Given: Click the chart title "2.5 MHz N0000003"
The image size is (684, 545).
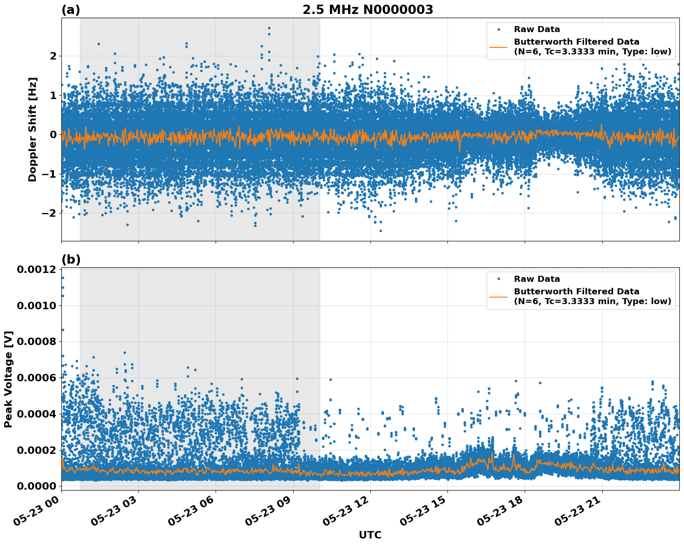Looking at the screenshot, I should click(x=368, y=10).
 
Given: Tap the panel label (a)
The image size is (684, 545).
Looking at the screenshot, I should click(x=71, y=10).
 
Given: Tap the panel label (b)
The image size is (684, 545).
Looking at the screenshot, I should click(x=71, y=259).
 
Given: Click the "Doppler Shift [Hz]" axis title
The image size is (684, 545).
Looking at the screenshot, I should click(x=33, y=129).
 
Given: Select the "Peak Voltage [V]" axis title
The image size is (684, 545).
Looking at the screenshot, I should click(x=8, y=379).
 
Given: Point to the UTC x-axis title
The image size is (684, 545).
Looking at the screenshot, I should click(x=370, y=535).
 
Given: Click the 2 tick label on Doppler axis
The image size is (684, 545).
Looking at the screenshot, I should click(x=53, y=56).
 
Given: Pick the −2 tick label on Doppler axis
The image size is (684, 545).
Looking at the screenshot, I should click(x=49, y=213).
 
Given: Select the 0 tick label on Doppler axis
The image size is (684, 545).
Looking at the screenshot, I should click(x=53, y=135).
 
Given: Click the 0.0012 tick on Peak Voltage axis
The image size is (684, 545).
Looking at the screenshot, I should click(x=36, y=270).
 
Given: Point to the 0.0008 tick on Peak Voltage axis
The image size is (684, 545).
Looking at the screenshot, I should click(x=36, y=342).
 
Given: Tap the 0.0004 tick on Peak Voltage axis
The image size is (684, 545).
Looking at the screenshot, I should click(x=36, y=414).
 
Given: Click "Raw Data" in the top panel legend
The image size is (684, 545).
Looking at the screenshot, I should click(x=537, y=29).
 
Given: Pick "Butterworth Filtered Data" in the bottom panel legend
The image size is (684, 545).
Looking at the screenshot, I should click(x=576, y=292).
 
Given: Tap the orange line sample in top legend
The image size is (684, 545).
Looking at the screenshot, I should click(x=499, y=47).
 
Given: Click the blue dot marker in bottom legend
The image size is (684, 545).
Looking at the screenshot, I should click(x=499, y=279).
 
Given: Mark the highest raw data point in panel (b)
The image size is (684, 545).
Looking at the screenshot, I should click(x=63, y=278).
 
